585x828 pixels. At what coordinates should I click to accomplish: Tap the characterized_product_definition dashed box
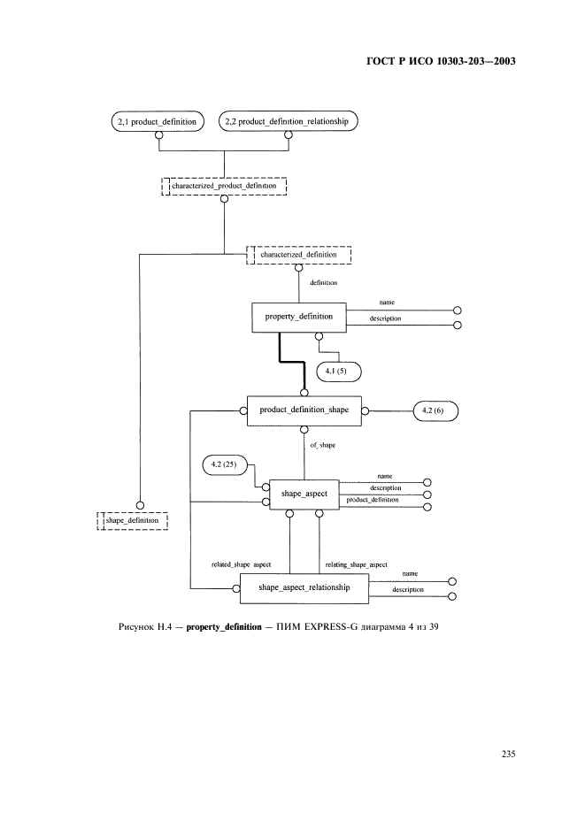[223, 187]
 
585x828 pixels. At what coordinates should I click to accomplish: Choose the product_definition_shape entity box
[304, 410]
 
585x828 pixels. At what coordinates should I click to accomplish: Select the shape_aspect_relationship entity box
[304, 587]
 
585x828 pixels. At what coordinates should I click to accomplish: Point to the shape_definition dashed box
[132, 521]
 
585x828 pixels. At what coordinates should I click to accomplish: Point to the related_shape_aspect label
[241, 563]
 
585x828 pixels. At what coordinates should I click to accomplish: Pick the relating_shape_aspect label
[356, 563]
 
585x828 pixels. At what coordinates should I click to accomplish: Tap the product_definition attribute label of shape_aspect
[373, 501]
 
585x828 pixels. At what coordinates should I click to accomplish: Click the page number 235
[507, 755]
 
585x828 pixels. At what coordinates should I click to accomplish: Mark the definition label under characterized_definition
[322, 283]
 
